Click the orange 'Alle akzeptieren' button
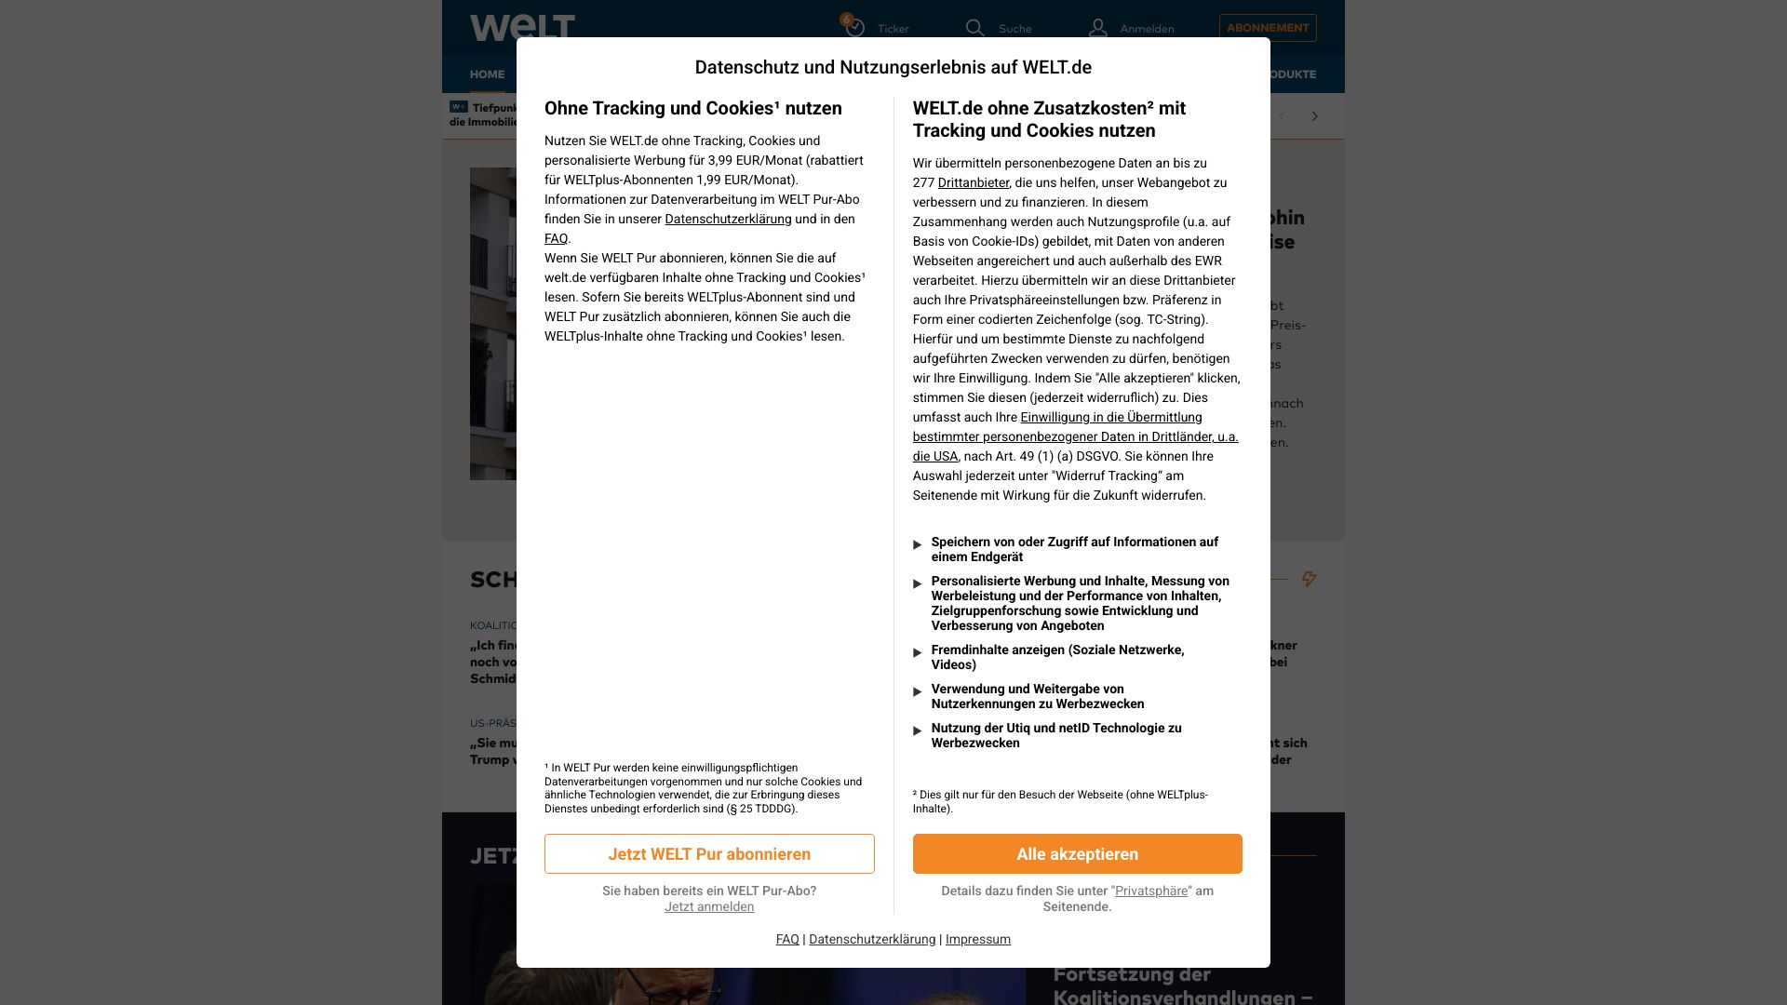[x=1077, y=853]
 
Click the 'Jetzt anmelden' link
[x=709, y=906]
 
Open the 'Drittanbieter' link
[x=973, y=182]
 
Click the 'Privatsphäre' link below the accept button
[x=1150, y=891]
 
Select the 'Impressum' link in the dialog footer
[x=977, y=939]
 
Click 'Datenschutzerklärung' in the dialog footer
[x=872, y=939]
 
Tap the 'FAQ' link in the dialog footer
[x=787, y=939]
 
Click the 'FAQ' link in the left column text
[x=556, y=238]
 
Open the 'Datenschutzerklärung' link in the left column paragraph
[x=728, y=219]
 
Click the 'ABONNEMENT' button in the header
[x=1267, y=28]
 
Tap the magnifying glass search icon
[x=974, y=28]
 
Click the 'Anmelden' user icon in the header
[x=1098, y=28]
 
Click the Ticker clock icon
[x=854, y=28]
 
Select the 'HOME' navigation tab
[x=487, y=74]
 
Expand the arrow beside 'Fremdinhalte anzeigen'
[x=918, y=652]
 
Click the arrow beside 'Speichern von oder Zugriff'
[x=918, y=544]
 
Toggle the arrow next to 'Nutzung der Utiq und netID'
[x=918, y=730]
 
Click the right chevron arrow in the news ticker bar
[x=1314, y=116]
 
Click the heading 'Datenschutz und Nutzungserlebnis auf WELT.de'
[x=893, y=67]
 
